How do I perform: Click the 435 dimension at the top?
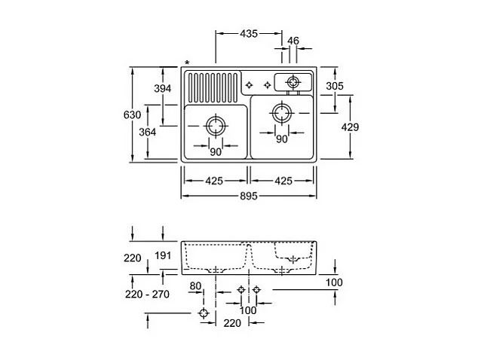(248, 34)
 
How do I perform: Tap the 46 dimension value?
(293, 40)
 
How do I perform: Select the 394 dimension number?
(163, 88)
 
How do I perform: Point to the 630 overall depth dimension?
(131, 114)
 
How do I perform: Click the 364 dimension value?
(148, 132)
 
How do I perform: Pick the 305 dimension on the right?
(335, 87)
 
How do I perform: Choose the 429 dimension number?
(350, 127)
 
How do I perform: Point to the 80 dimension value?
(196, 285)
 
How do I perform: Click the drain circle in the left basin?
(216, 126)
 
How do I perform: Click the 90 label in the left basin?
(216, 152)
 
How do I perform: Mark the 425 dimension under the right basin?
(283, 181)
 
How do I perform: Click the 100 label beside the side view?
(335, 282)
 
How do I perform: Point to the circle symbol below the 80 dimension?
(202, 313)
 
